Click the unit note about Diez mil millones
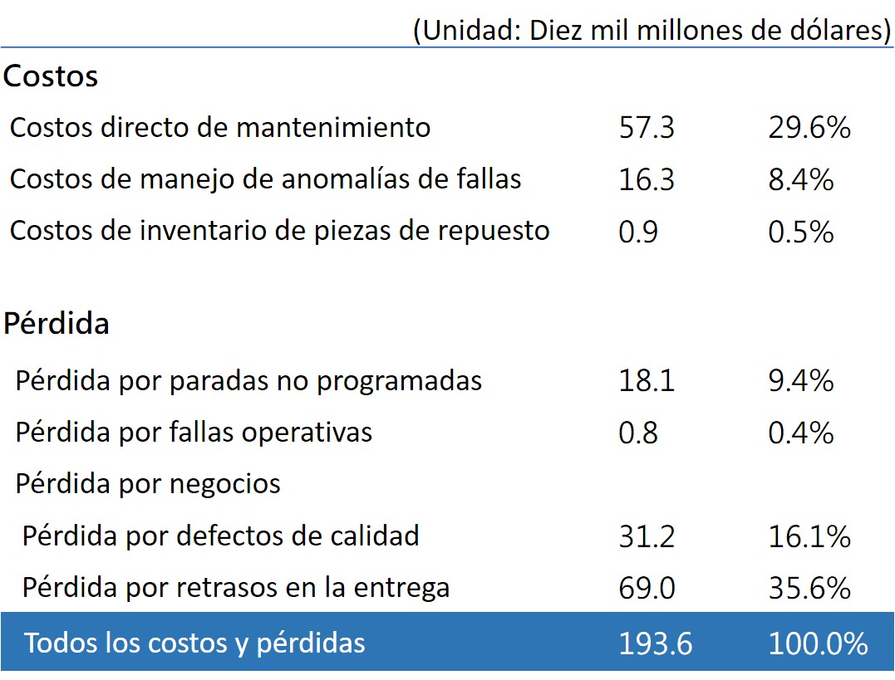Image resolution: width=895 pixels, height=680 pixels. click(x=652, y=30)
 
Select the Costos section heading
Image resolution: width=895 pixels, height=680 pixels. click(x=50, y=76)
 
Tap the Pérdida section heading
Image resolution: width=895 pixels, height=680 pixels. click(x=56, y=323)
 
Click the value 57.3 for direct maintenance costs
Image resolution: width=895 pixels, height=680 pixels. click(x=647, y=127)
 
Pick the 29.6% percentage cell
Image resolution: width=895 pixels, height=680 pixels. click(x=809, y=127)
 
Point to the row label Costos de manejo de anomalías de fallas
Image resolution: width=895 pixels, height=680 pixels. click(x=265, y=179)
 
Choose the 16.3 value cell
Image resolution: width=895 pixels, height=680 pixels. click(x=647, y=179)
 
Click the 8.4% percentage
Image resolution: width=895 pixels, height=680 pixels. click(x=800, y=179)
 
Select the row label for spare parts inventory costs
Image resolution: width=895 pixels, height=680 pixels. click(x=280, y=231)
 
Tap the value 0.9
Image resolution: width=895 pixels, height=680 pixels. click(x=638, y=232)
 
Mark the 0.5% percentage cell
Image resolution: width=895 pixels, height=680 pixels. click(x=800, y=232)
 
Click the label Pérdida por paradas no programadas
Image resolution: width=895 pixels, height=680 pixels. click(x=248, y=380)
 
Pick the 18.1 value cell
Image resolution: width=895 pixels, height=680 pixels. click(x=647, y=380)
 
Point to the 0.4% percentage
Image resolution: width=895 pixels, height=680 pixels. click(x=800, y=433)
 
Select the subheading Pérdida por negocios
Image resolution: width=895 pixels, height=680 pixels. click(x=148, y=484)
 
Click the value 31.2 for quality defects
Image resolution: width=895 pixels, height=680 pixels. click(x=647, y=536)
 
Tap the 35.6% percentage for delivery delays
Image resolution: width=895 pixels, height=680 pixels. click(x=809, y=588)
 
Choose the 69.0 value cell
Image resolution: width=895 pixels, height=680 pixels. click(x=647, y=588)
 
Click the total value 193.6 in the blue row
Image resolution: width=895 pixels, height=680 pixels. click(x=655, y=643)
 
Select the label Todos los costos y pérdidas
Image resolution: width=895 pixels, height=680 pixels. click(x=194, y=643)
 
